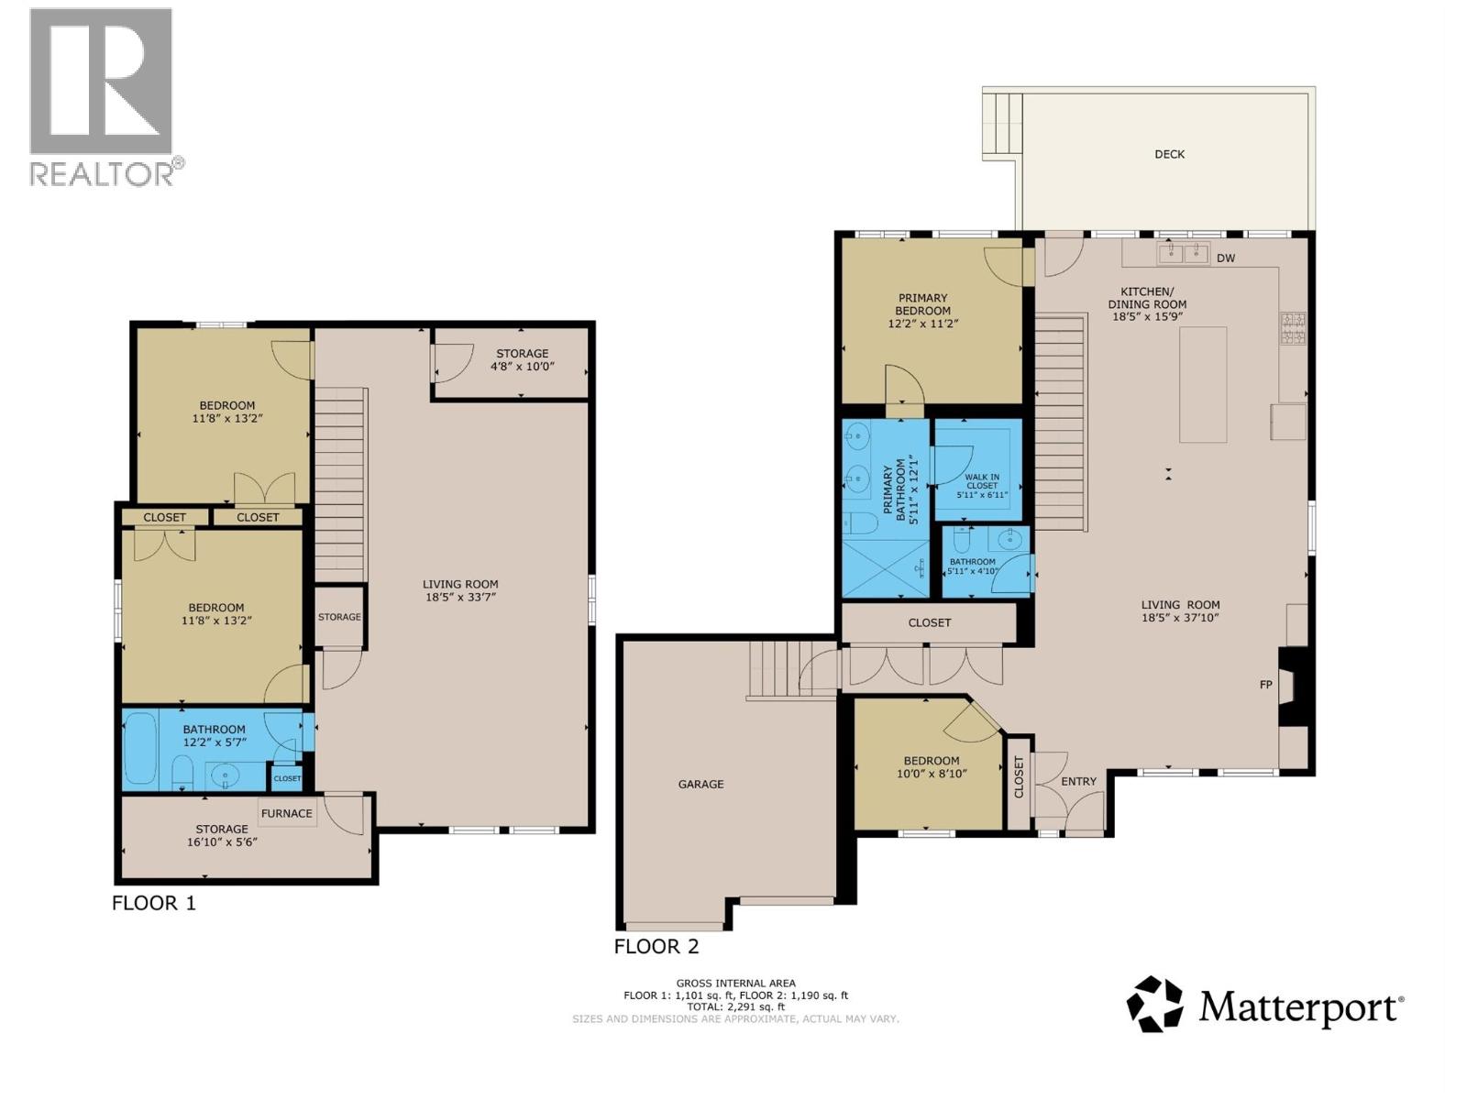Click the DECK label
(1169, 154)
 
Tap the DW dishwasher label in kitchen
(1226, 258)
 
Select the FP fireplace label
(1266, 685)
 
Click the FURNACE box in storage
(286, 813)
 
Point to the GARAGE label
(700, 784)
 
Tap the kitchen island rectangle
(1203, 384)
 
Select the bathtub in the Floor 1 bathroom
(140, 748)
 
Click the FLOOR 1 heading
(154, 903)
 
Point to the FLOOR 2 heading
(656, 946)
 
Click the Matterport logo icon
(1154, 1005)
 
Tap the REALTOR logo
(101, 96)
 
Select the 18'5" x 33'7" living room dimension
(460, 597)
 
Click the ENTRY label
(1078, 782)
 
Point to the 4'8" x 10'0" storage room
(522, 360)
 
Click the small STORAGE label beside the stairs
(339, 617)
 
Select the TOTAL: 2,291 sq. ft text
(735, 1006)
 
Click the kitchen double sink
(1183, 252)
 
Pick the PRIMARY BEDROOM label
(922, 304)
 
